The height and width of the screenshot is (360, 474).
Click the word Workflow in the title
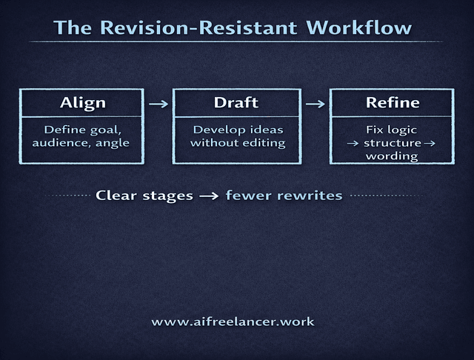point(358,28)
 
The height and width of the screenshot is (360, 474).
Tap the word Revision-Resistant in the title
point(196,28)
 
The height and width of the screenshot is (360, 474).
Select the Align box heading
point(82,102)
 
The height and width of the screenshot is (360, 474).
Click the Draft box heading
point(237,102)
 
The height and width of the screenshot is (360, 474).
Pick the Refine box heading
point(393,102)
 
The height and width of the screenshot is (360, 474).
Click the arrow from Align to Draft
point(159,104)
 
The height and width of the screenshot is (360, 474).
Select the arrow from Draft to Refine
point(315,104)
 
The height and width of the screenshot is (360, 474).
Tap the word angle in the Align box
point(113,143)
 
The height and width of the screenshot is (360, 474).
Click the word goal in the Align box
point(104,130)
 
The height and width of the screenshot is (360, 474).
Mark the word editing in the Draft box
point(264,143)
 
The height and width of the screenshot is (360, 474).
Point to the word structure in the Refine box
point(393,143)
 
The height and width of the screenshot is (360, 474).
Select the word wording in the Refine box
point(392,156)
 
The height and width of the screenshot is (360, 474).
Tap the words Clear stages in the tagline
point(144,196)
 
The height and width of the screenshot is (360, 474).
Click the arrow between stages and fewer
point(209,196)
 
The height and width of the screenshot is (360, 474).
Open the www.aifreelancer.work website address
point(233,322)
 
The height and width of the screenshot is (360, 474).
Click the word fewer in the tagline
point(248,196)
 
